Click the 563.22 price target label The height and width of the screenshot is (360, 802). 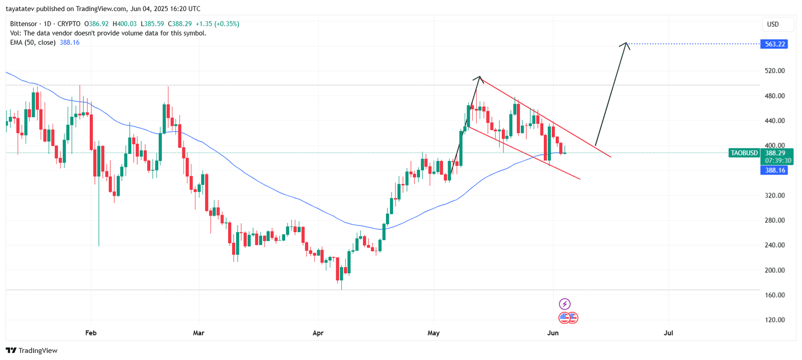coord(774,44)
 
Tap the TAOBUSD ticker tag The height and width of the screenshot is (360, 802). coord(744,153)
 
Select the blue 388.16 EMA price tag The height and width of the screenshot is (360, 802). coord(774,170)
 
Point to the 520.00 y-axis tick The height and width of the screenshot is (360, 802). coord(774,71)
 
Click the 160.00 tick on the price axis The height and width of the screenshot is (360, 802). coord(774,295)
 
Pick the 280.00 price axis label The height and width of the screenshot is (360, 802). coord(774,220)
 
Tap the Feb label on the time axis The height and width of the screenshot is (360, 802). coord(91,333)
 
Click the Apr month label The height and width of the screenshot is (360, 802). coord(318,333)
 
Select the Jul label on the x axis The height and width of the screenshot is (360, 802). coord(668,333)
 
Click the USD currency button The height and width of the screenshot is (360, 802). coord(773,24)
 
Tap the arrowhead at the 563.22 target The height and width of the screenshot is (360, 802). coord(625,45)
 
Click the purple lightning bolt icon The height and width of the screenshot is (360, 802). coord(564,304)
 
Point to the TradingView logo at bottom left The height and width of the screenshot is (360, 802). coord(32,350)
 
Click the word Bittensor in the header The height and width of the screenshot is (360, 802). coord(24,24)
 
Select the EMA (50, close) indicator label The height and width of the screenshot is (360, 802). coord(33,43)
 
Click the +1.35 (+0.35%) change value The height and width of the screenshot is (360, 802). coord(217,24)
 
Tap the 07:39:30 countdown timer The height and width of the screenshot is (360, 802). coord(778,160)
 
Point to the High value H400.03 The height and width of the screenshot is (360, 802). coord(124,24)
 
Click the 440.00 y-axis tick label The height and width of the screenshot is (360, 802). coord(774,121)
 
